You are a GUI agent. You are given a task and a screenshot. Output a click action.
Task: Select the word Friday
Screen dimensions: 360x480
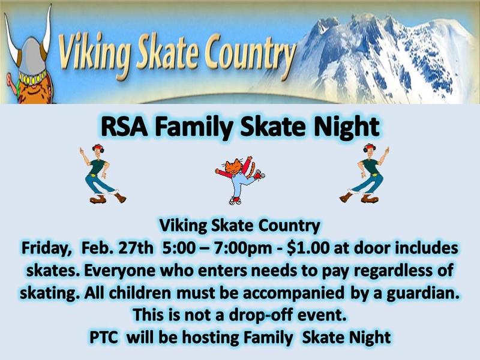(x=46, y=248)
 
